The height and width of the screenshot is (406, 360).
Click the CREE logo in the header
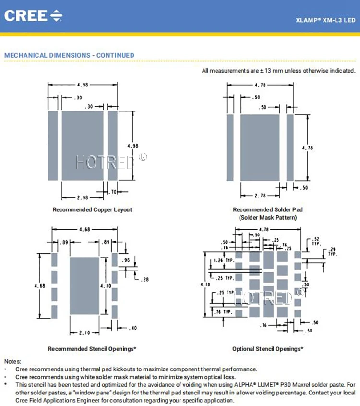point(33,15)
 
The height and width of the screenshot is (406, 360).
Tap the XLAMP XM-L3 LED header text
point(325,21)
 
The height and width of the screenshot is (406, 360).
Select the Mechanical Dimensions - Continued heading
point(69,55)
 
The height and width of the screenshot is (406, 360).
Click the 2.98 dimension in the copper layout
point(83,197)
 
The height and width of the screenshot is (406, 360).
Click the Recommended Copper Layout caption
point(92,209)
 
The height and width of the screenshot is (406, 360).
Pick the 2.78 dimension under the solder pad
point(260,195)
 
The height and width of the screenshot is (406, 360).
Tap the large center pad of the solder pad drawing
point(260,148)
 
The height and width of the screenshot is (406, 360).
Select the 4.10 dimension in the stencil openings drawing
point(106,286)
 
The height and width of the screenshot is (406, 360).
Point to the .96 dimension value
point(127,260)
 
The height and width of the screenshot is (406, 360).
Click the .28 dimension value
point(144,279)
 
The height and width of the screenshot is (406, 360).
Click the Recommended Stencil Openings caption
point(92,348)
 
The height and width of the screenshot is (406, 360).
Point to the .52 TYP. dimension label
point(316,241)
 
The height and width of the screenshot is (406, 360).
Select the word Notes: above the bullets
point(13,361)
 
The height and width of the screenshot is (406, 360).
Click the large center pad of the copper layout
point(83,146)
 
